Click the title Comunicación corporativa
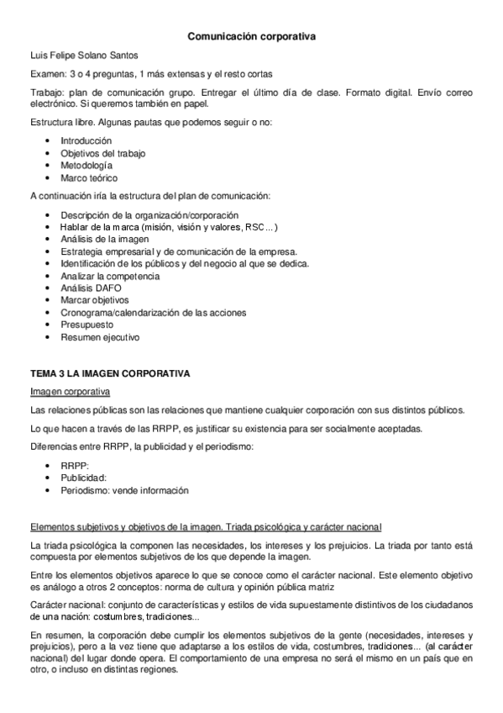pos(251,37)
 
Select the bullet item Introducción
pos(86,140)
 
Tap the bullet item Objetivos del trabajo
pos(97,153)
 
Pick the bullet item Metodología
pos(86,166)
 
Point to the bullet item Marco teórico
pos(89,178)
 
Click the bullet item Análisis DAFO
pos(91,288)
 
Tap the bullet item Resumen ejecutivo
pos(99,337)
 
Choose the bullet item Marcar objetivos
pos(94,300)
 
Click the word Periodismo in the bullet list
pos(85,490)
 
